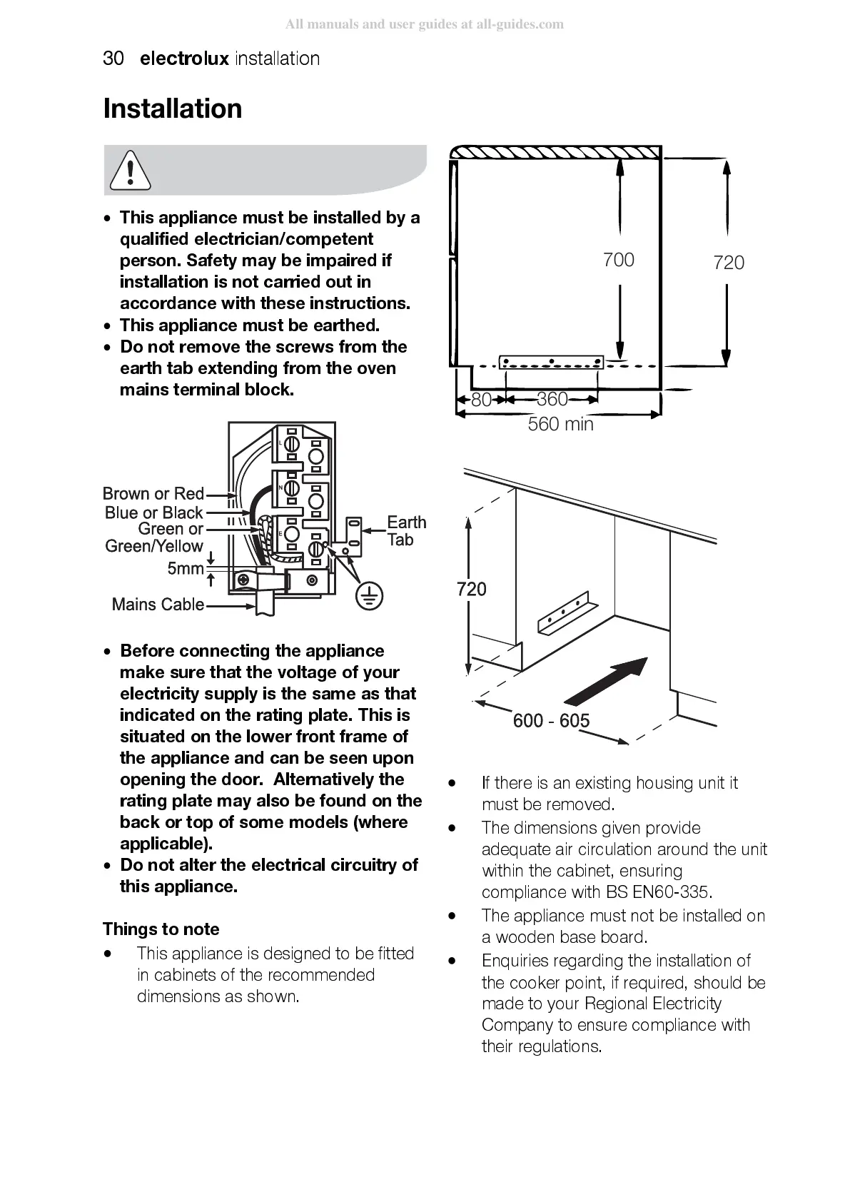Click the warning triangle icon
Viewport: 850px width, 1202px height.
pos(131,171)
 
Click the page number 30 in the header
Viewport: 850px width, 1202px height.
pos(113,59)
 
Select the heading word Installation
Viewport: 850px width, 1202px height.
pos(173,108)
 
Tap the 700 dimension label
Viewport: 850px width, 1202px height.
pos(618,260)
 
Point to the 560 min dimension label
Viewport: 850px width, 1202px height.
pos(560,424)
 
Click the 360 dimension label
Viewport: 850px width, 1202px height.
pos(552,399)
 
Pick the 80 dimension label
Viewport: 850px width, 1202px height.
pos(482,400)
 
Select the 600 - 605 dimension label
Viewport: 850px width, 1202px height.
pos(551,720)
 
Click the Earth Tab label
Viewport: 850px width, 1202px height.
pos(406,531)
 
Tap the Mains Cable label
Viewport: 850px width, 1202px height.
pos(158,605)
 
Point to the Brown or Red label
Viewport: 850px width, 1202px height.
pos(153,494)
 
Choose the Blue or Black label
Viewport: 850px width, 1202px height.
pos(154,512)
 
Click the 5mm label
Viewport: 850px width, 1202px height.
pos(186,569)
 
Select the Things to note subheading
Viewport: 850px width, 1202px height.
pos(161,929)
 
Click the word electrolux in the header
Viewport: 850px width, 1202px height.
pos(184,59)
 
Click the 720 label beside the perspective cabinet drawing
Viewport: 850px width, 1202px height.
pos(472,589)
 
